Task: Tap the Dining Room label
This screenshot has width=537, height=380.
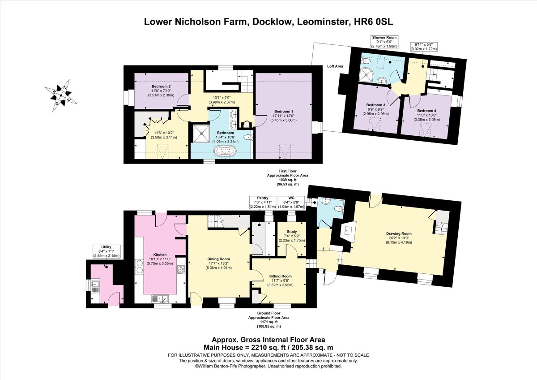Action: pos(218,259)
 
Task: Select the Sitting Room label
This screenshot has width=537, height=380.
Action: pos(281,276)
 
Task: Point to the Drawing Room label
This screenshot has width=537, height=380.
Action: pos(399,233)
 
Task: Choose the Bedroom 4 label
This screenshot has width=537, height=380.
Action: pos(426,110)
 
